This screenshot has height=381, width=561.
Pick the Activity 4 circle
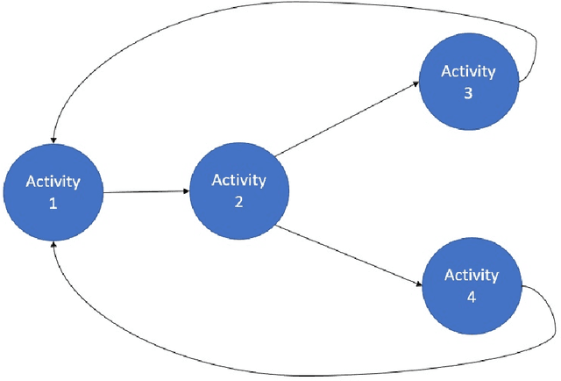[x=472, y=285]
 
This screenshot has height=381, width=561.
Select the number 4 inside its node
[x=472, y=297]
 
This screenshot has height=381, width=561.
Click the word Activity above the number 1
[x=53, y=182]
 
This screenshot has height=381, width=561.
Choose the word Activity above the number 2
[x=239, y=180]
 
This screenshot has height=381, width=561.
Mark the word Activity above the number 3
[x=468, y=71]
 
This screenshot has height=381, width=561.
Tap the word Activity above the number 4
[x=472, y=276]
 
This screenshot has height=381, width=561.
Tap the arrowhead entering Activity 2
[x=186, y=190]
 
